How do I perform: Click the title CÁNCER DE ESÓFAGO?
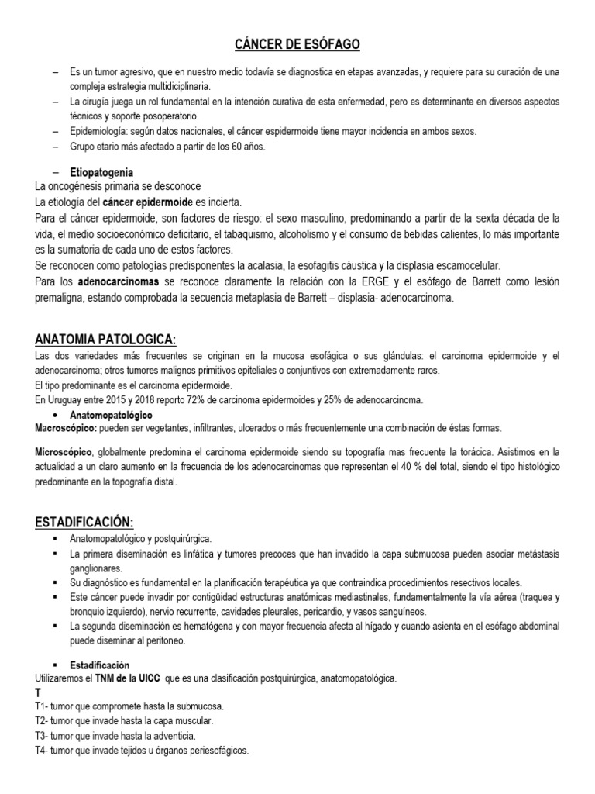(297, 46)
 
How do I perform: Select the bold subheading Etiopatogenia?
(101, 172)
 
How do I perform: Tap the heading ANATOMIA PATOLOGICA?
(106, 339)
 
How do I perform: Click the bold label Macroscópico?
(64, 428)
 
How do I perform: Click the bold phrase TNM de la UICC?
(127, 678)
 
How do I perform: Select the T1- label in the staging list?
(45, 706)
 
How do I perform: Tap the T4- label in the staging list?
(45, 751)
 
